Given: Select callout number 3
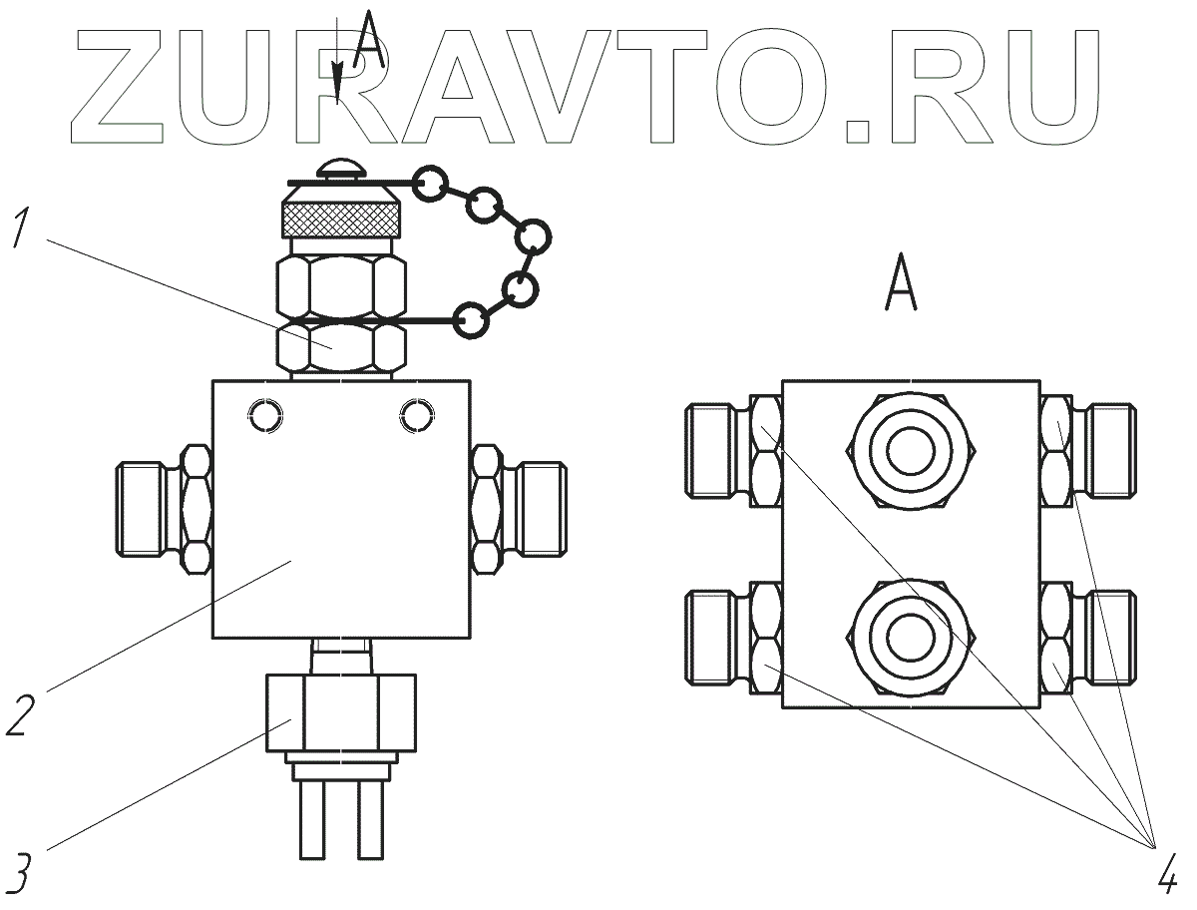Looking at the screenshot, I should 22,871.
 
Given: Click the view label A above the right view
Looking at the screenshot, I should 902,284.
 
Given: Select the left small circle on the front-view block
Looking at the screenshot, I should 265,414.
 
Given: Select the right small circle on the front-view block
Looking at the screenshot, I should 415,414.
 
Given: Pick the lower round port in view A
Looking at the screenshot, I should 911,638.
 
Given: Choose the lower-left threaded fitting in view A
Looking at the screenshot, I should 717,638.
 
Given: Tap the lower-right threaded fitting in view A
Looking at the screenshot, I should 1107,638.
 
